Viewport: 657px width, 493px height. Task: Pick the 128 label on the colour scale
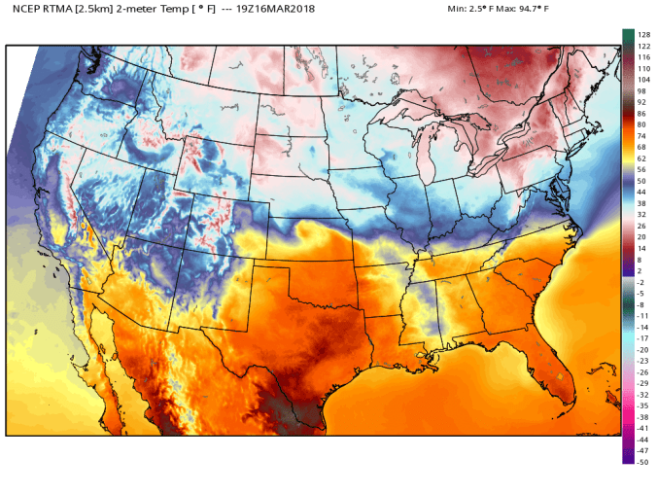tap(642, 35)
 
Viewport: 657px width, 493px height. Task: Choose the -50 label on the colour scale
tap(642, 462)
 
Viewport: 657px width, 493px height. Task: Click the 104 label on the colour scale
tap(642, 80)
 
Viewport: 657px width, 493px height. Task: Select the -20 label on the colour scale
tap(642, 349)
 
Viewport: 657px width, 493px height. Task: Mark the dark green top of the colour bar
tap(628, 33)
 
